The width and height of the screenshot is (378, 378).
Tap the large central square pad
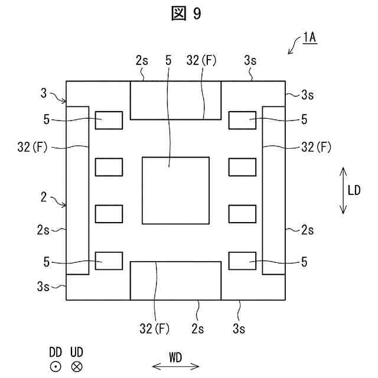coord(175,190)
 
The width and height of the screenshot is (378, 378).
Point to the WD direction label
coord(175,356)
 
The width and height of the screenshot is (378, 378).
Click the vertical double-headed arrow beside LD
coord(343,190)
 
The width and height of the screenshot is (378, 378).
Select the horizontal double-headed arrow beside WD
coord(175,367)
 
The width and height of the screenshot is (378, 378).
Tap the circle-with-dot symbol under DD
coord(55,367)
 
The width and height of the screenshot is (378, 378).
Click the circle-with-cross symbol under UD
coord(77,367)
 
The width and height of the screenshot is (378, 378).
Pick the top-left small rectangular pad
coord(109,120)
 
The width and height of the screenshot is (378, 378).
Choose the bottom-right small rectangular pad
coord(242,260)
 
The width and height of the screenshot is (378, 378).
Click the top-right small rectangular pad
coord(242,120)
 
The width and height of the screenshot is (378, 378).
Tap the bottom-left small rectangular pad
coord(109,260)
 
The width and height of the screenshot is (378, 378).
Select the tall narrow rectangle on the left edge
coord(77,190)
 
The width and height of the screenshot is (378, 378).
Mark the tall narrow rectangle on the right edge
coord(273,190)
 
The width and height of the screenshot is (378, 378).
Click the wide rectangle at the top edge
coord(175,100)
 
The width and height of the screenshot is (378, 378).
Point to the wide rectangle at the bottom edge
coord(175,281)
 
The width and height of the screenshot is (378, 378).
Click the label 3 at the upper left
coord(43,92)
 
